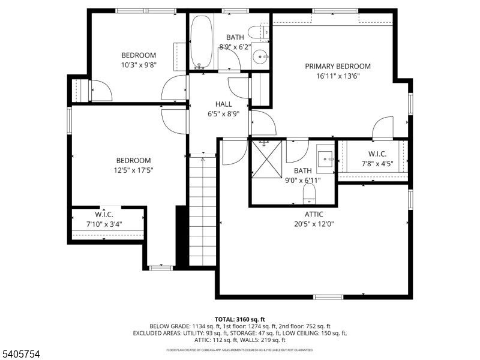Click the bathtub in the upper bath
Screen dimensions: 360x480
click(201, 42)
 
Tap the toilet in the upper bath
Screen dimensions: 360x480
click(257, 32)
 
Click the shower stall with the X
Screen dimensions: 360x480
click(266, 158)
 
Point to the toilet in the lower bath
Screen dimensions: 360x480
click(309, 193)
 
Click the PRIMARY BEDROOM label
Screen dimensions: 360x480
click(337, 67)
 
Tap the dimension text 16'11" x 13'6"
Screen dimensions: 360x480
click(337, 76)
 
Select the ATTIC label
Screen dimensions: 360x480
click(313, 214)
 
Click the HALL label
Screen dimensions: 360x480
click(206, 104)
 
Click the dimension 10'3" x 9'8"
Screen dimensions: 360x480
click(139, 65)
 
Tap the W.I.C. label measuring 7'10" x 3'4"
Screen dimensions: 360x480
click(104, 214)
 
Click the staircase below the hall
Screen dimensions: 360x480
click(202, 210)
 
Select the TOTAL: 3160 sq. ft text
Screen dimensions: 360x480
click(240, 319)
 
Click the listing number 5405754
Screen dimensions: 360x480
click(21, 355)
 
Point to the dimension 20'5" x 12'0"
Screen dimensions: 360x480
click(313, 224)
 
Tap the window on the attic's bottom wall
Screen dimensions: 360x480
click(329, 296)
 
